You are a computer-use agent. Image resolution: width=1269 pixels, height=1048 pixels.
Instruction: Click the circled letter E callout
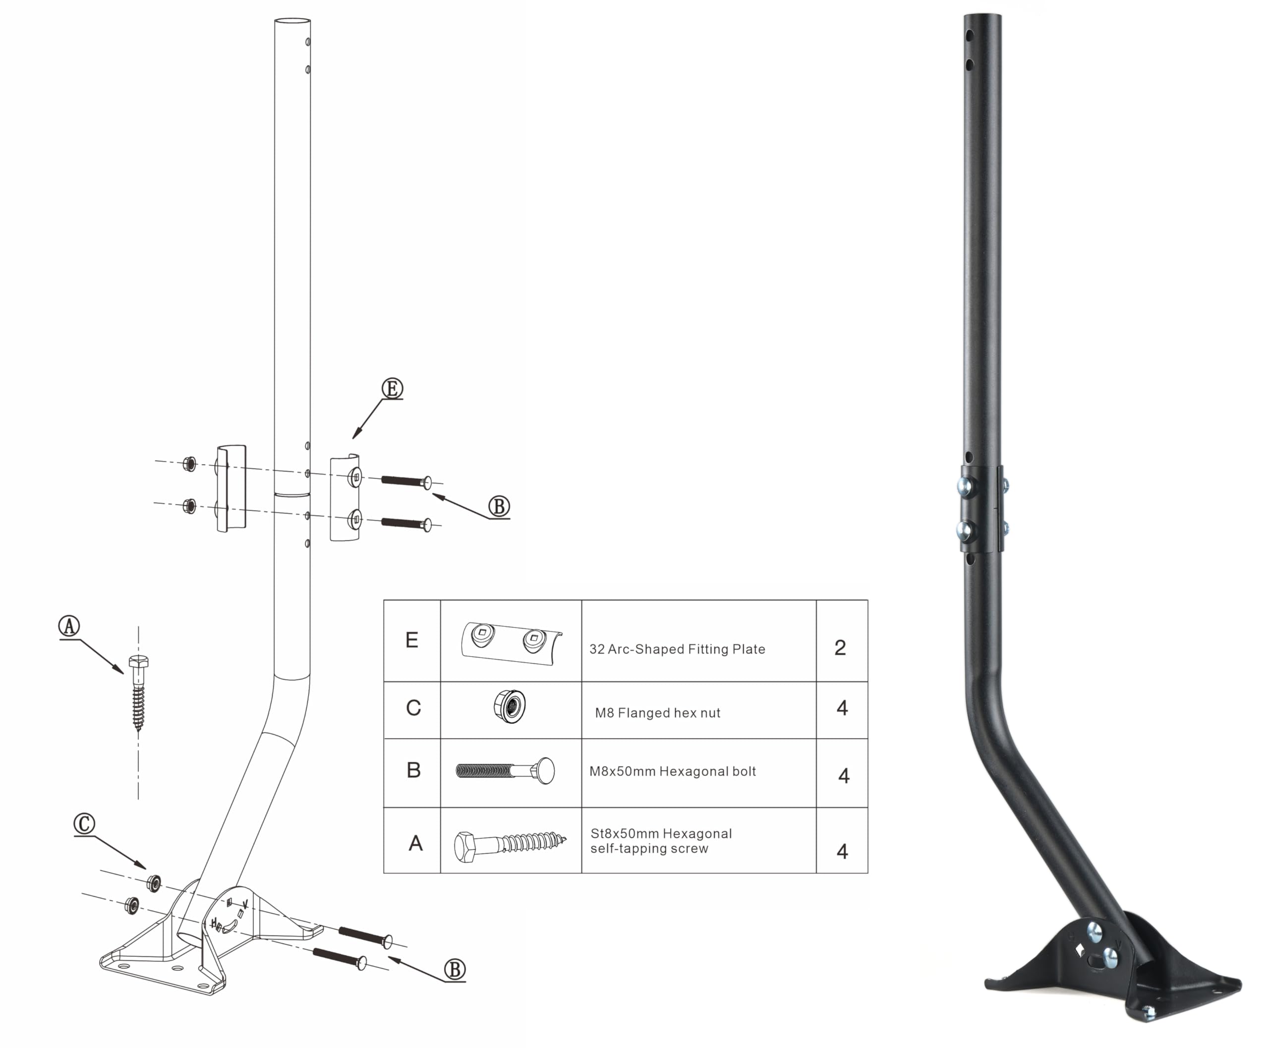coord(392,388)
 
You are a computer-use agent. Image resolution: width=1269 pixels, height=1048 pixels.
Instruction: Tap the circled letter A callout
coord(69,626)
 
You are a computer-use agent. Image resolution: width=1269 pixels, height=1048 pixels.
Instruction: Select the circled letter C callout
coord(85,823)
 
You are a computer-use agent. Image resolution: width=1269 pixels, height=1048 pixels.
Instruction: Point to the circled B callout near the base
coord(455,970)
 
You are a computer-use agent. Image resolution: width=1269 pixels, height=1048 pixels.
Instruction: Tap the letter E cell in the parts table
coord(412,640)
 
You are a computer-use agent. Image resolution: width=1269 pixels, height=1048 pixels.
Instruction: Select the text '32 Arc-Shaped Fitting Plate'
coord(677,649)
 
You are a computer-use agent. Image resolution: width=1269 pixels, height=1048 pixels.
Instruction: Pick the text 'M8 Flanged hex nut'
coord(657,713)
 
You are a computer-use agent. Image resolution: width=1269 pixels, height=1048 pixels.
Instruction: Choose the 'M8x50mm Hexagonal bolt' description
coord(673,771)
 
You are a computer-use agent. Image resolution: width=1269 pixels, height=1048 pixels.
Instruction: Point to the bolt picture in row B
coord(505,771)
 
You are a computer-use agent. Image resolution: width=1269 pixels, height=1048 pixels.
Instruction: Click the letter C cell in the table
coord(413,707)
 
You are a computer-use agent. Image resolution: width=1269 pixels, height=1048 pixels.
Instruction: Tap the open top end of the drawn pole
coord(293,21)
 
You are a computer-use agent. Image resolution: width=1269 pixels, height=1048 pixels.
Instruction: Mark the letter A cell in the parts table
coord(415,843)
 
